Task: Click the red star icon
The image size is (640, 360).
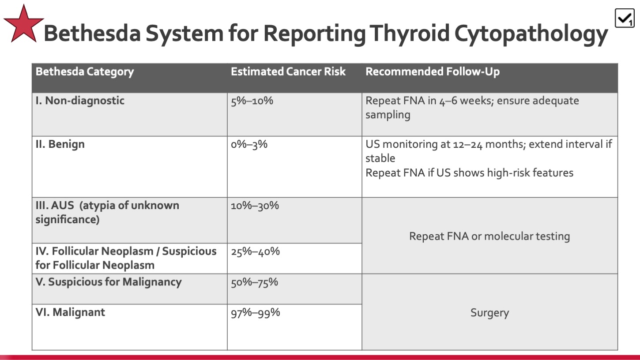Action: tap(24, 25)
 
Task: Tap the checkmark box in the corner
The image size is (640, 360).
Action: tap(625, 18)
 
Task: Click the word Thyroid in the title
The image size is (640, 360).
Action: tap(409, 34)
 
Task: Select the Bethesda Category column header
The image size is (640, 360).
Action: tap(85, 71)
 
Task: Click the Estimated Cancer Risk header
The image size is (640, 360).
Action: tap(288, 71)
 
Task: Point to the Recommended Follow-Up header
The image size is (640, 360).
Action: tap(433, 71)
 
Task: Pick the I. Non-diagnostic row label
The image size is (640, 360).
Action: tap(80, 101)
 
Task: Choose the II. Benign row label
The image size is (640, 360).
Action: tap(60, 144)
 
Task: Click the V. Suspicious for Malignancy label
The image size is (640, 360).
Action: tap(109, 282)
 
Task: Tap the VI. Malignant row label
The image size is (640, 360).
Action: tap(70, 312)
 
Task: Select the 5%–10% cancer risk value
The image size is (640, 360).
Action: tap(252, 101)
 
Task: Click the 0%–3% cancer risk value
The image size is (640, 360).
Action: tap(249, 144)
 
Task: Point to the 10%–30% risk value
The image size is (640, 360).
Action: tap(255, 206)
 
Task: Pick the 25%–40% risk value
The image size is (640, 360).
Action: tap(255, 251)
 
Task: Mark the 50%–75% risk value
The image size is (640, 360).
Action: tap(254, 282)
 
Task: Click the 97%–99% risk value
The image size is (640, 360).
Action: tap(256, 313)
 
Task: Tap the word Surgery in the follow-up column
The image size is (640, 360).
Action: tap(490, 313)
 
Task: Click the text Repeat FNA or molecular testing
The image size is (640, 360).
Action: tap(489, 236)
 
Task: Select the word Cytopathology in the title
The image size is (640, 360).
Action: tap(531, 34)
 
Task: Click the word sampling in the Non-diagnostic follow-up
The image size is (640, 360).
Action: tap(388, 115)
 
